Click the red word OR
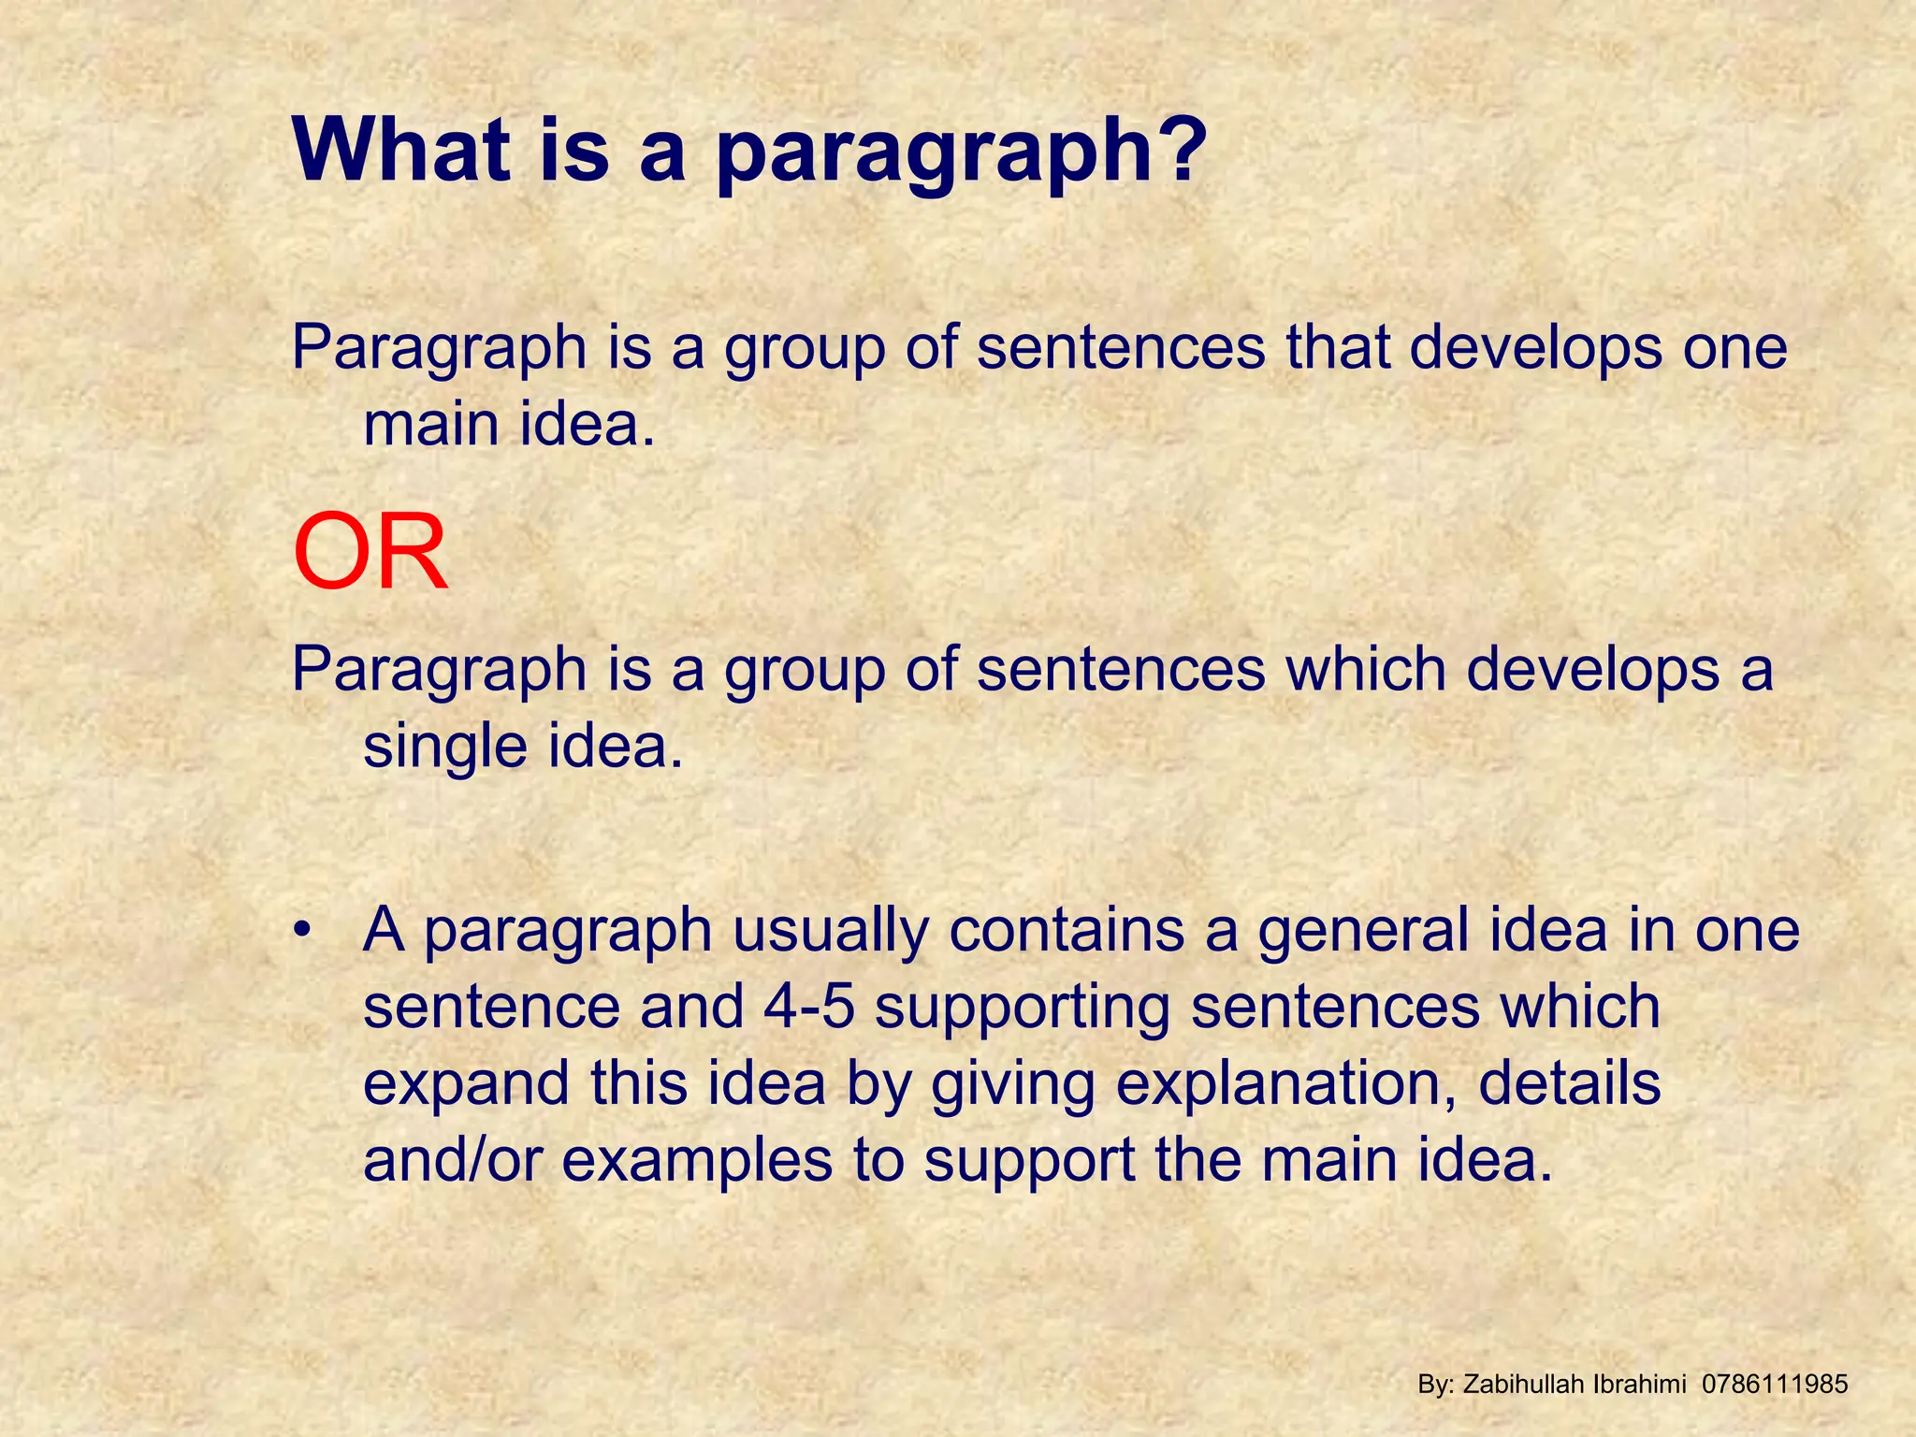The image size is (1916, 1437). tap(370, 554)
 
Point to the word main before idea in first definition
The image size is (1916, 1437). tap(431, 425)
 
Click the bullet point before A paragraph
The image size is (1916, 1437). tap(300, 932)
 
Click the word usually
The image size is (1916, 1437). tap(831, 932)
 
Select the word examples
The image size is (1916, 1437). tap(698, 1161)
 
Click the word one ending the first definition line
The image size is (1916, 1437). tap(1735, 347)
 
